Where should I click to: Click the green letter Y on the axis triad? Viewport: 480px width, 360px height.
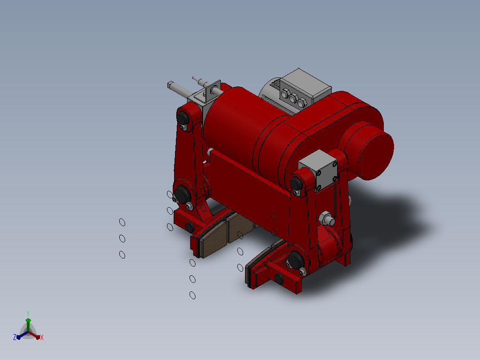(x=28, y=314)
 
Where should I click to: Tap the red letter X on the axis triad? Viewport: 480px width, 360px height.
(x=42, y=337)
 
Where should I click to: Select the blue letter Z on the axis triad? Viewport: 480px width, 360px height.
(x=15, y=337)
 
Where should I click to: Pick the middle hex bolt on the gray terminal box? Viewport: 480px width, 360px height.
(x=293, y=98)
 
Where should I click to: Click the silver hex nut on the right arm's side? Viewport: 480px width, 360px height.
(x=325, y=218)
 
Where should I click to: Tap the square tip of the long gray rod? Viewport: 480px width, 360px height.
(x=170, y=85)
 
